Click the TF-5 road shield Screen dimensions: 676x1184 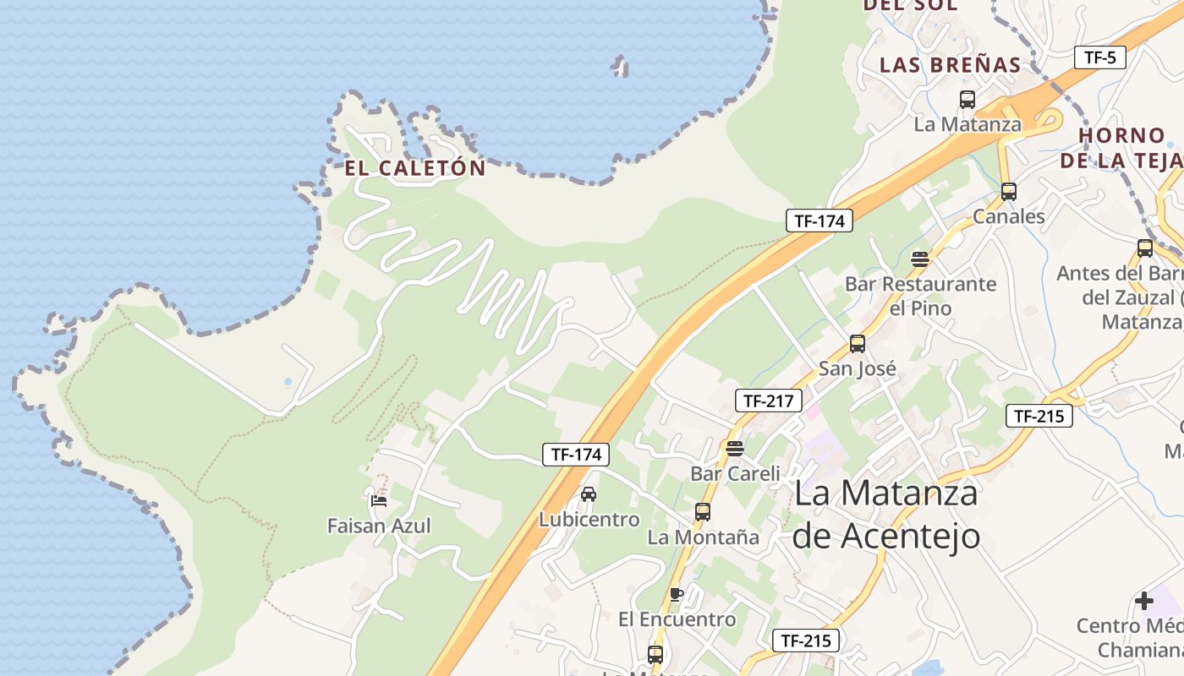(1100, 57)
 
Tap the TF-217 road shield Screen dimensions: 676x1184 (768, 401)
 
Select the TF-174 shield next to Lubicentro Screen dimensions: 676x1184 (576, 455)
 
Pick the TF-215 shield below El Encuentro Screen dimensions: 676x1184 (806, 641)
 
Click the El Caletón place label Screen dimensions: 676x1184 (415, 168)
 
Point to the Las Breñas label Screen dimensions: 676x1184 (951, 65)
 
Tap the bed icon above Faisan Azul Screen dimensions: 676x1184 (379, 500)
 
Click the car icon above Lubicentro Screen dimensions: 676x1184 (589, 493)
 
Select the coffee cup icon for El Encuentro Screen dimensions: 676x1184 (676, 594)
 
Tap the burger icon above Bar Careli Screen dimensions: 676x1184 (734, 448)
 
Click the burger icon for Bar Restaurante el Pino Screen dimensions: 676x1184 (920, 259)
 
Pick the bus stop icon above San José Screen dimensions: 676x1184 (858, 344)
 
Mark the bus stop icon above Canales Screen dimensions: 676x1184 (1008, 191)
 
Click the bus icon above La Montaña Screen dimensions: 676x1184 (702, 511)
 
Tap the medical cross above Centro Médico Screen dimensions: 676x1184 (1144, 601)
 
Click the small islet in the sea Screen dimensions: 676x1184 (621, 66)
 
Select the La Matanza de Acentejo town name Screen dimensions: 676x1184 (885, 514)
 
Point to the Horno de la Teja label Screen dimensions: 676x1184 (1121, 147)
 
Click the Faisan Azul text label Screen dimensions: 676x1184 (379, 526)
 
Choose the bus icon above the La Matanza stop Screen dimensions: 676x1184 (967, 100)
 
